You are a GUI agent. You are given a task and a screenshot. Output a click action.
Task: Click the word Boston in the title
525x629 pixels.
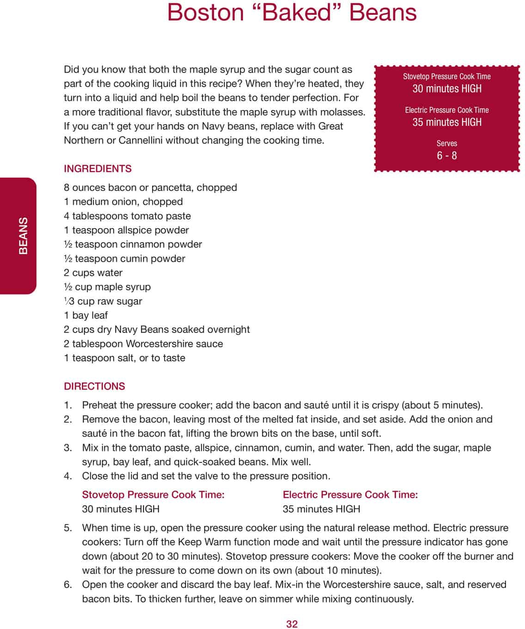click(x=205, y=12)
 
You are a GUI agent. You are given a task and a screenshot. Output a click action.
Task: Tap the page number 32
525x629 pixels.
click(x=292, y=624)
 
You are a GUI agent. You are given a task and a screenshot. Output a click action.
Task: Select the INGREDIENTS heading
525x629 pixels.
click(x=98, y=169)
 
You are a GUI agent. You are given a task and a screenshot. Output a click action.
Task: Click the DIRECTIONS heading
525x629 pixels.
click(x=94, y=386)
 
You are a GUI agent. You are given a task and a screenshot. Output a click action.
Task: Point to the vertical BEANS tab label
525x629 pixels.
click(x=23, y=235)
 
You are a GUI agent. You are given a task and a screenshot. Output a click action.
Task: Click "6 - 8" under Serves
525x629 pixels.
click(x=446, y=155)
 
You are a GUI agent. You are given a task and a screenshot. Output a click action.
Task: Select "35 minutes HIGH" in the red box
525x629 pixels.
click(x=446, y=122)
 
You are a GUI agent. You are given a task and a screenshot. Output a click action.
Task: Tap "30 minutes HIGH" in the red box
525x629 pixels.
click(x=446, y=88)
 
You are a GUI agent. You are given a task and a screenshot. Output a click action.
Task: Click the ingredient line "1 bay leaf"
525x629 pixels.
click(x=85, y=315)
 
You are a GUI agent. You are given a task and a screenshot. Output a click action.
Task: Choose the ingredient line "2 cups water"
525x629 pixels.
click(x=93, y=273)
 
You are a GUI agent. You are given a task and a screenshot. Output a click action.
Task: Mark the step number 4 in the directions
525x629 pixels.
click(x=67, y=476)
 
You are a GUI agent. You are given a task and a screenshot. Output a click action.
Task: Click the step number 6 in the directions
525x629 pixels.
click(x=67, y=585)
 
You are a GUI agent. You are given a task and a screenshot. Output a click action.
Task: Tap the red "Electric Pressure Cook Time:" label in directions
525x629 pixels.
click(x=350, y=495)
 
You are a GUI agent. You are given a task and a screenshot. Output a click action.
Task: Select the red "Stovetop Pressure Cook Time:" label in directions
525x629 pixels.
click(x=153, y=495)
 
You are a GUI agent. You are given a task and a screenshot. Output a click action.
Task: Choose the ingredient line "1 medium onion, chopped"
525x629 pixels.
click(x=123, y=202)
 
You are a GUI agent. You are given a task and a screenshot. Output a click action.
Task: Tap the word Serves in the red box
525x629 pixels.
click(x=446, y=143)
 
